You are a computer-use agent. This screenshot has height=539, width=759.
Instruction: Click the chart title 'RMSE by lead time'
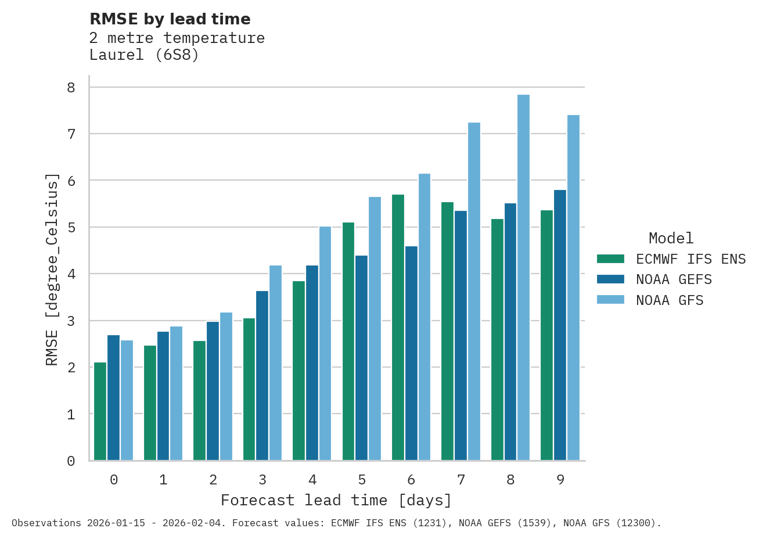click(x=170, y=19)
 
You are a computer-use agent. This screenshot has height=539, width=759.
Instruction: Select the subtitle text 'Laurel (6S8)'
click(x=144, y=55)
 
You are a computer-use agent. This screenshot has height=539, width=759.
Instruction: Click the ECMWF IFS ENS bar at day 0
click(x=100, y=411)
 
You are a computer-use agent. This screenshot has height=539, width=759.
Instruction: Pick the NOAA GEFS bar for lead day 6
click(x=411, y=353)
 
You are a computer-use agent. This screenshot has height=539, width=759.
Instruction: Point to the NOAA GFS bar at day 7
click(x=474, y=292)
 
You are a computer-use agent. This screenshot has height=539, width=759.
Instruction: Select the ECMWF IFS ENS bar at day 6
click(x=398, y=328)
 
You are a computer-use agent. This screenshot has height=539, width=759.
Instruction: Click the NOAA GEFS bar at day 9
click(x=560, y=325)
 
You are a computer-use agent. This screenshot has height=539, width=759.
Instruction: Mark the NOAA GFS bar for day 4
click(x=325, y=343)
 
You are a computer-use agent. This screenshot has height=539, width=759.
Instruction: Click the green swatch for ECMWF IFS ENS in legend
click(x=610, y=258)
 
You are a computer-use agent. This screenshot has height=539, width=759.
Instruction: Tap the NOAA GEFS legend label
click(x=674, y=279)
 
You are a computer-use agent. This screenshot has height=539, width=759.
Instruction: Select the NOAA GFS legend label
click(x=670, y=300)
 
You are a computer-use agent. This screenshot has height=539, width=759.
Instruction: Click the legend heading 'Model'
click(x=671, y=238)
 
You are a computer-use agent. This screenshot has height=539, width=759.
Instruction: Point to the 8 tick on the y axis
click(x=71, y=88)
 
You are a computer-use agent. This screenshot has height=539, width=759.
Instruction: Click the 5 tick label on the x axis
click(x=362, y=480)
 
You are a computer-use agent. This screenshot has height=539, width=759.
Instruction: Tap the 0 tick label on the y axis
click(x=71, y=461)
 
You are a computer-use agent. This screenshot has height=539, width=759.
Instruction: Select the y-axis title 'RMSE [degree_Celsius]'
click(x=52, y=269)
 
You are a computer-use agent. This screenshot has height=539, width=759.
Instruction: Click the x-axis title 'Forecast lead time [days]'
click(x=336, y=500)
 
